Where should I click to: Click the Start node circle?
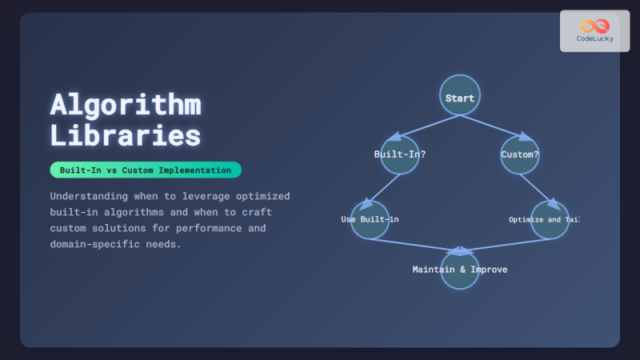[459, 98]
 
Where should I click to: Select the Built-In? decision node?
[400, 154]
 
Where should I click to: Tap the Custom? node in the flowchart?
[519, 154]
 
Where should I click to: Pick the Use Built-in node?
[370, 219]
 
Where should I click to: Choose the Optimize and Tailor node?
[550, 219]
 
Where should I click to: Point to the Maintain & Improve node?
[459, 269]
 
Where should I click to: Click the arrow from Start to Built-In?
[428, 127]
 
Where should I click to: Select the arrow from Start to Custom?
[490, 127]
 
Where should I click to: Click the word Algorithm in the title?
[126, 105]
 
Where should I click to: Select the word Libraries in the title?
[126, 135]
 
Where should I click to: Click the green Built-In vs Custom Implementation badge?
[145, 170]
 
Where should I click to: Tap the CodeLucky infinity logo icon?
[594, 26]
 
